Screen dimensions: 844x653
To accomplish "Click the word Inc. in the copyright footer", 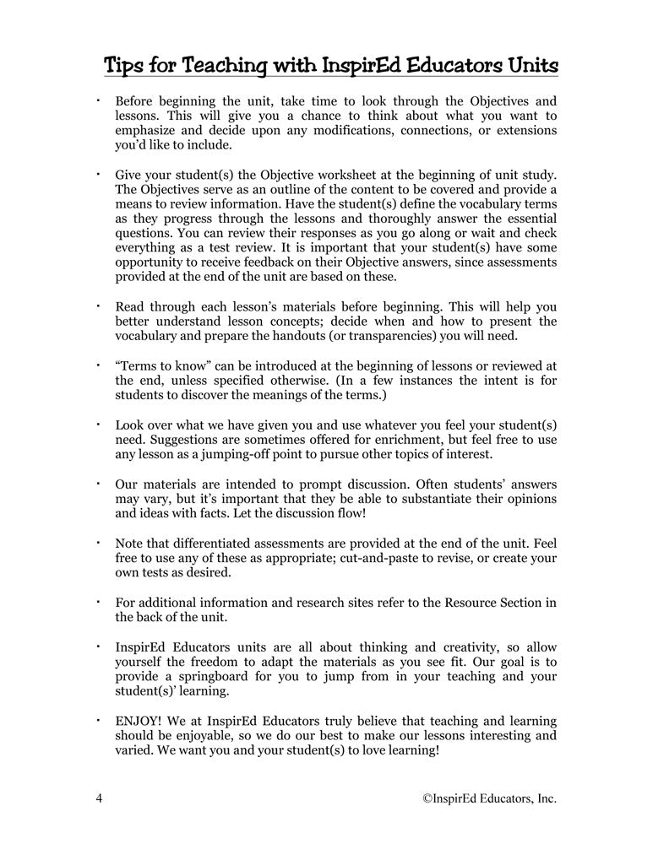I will coord(545,798).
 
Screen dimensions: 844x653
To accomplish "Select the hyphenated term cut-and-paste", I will coord(375,558).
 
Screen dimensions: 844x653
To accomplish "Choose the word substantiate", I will coord(416,499).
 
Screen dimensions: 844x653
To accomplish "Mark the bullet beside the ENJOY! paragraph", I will coord(98,720).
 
